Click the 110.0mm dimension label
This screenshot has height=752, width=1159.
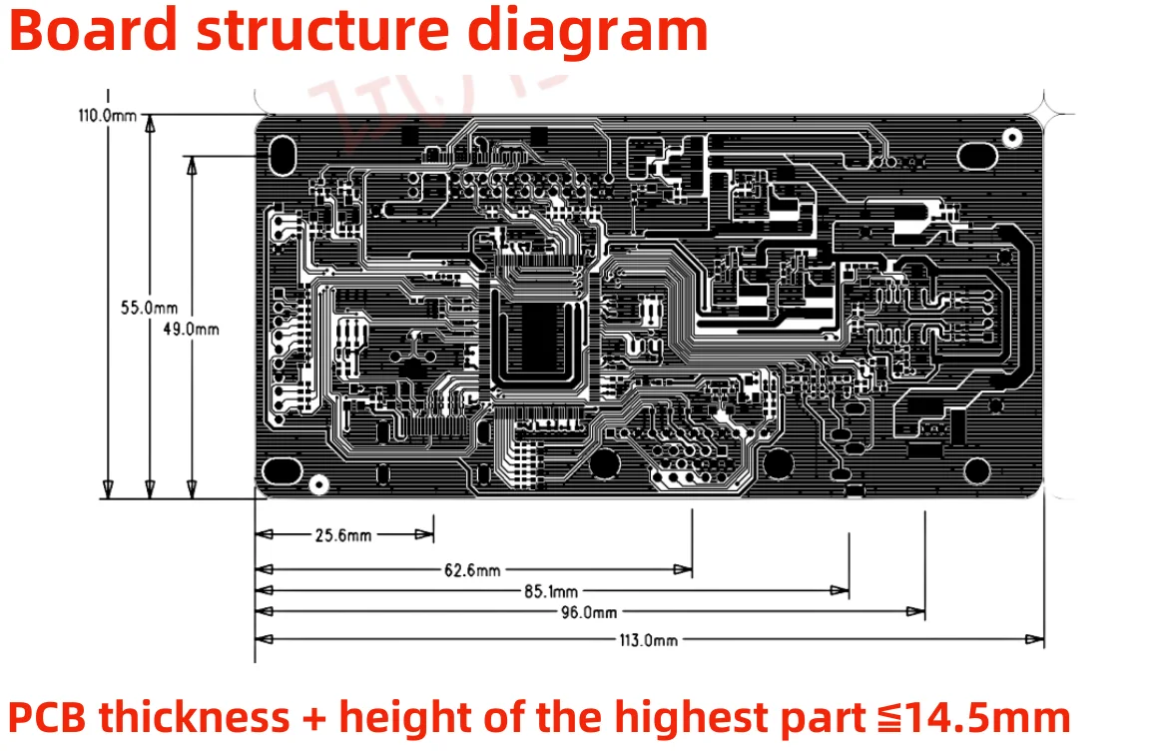(107, 115)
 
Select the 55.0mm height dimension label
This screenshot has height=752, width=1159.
(130, 308)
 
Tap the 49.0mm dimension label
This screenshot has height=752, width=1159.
(191, 329)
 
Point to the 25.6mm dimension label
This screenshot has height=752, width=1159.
(343, 535)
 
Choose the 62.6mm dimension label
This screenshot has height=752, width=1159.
(472, 570)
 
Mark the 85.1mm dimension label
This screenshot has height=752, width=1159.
(550, 591)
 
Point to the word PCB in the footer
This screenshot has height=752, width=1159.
(46, 717)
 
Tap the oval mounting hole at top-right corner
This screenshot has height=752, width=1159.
(977, 155)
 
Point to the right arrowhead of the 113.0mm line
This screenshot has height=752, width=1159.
(1037, 640)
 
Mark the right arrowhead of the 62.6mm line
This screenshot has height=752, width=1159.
(684, 570)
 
